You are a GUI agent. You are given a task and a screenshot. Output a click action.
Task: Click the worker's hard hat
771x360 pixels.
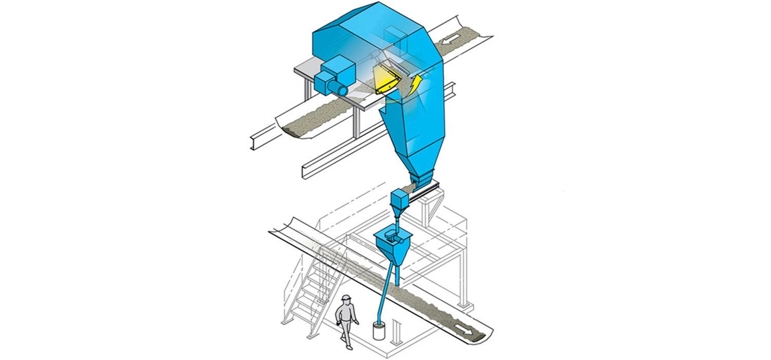point(347,298)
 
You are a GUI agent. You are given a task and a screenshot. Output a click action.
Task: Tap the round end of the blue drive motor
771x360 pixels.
point(341,91)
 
